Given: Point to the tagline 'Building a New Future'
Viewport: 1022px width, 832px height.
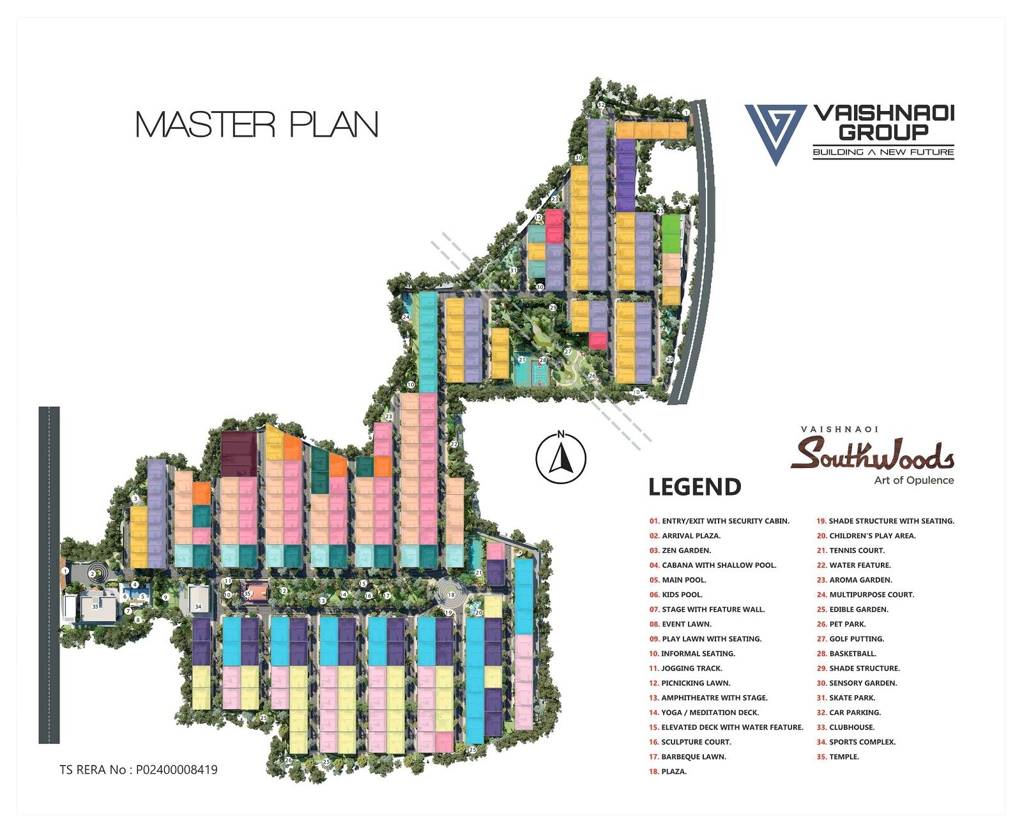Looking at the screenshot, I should tap(883, 152).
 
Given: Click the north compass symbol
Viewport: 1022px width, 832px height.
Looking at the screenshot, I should tap(561, 458).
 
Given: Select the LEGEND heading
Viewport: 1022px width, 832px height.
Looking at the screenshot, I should tap(694, 487).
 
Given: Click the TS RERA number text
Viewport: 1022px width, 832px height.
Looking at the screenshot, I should tap(139, 769).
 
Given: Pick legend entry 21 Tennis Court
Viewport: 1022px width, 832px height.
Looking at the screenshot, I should tap(850, 550).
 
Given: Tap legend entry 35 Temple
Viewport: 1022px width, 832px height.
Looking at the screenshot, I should tap(837, 757).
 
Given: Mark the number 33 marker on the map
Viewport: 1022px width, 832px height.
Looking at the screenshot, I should tap(95, 606).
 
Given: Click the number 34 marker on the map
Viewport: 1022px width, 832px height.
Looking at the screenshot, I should tap(199, 607).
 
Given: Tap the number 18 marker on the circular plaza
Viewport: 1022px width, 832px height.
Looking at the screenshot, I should tap(451, 594).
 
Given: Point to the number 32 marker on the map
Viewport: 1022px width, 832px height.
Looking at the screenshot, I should tap(600, 104).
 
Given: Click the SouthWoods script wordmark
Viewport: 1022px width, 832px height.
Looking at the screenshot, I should tap(872, 454).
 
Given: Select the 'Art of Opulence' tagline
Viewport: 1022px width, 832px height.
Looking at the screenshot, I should tap(913, 480).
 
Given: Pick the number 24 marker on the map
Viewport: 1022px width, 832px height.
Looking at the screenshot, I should tap(406, 317).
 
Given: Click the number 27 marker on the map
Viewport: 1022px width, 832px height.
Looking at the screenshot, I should tap(568, 352).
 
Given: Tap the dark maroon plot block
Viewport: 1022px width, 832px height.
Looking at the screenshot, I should tap(239, 453).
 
